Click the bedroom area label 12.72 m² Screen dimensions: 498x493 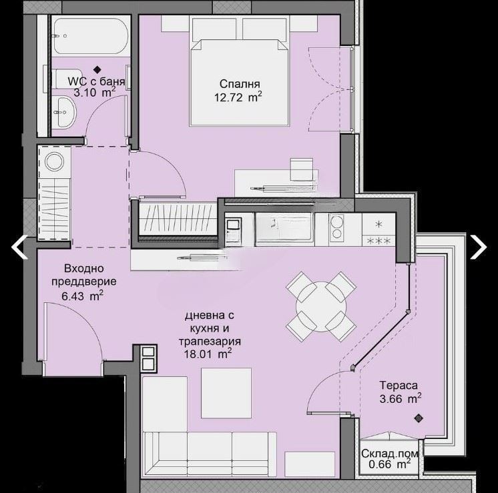pyautogui.click(x=238, y=97)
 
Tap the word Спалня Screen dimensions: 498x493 pyautogui.click(x=240, y=84)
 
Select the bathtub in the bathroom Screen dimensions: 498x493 pyautogui.click(x=90, y=37)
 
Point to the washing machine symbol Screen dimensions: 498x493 pyautogui.click(x=54, y=161)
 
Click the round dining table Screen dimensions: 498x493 pyautogui.click(x=321, y=307)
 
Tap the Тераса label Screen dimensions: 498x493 pyautogui.click(x=399, y=386)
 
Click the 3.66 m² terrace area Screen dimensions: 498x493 pyautogui.click(x=401, y=398)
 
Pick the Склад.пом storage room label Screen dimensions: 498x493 pyautogui.click(x=390, y=454)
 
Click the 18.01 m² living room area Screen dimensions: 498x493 pyautogui.click(x=208, y=354)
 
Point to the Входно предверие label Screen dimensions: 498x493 pyautogui.click(x=84, y=275)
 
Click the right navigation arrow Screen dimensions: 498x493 pyautogui.click(x=479, y=247)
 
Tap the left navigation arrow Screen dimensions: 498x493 pyautogui.click(x=19, y=247)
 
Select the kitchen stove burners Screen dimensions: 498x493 pyautogui.click(x=336, y=227)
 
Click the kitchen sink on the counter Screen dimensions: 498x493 pyautogui.click(x=284, y=225)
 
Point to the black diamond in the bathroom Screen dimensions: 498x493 pyautogui.click(x=97, y=69)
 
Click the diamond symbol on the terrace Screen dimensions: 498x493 pyautogui.click(x=419, y=418)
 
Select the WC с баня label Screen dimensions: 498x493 pyautogui.click(x=96, y=81)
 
